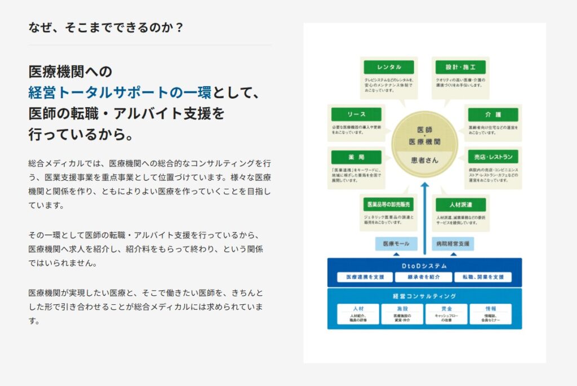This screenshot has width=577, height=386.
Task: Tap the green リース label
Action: pos(357,114)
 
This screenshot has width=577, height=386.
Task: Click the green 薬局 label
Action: pos(357,157)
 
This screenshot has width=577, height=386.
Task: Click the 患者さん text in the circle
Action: pos(424,160)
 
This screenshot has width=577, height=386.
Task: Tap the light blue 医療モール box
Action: pos(396,244)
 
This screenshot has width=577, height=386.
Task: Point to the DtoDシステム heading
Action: pos(424,265)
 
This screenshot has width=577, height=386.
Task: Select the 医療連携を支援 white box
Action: pos(365,277)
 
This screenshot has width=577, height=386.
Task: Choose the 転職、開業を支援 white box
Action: pos(483,277)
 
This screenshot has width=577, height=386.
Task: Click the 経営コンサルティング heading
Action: pos(424,296)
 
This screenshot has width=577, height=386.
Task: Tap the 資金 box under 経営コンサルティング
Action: pos(446,314)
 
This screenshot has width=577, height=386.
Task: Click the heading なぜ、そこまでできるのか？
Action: pos(105,27)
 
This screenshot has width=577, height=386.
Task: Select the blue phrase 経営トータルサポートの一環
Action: pos(119,92)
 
